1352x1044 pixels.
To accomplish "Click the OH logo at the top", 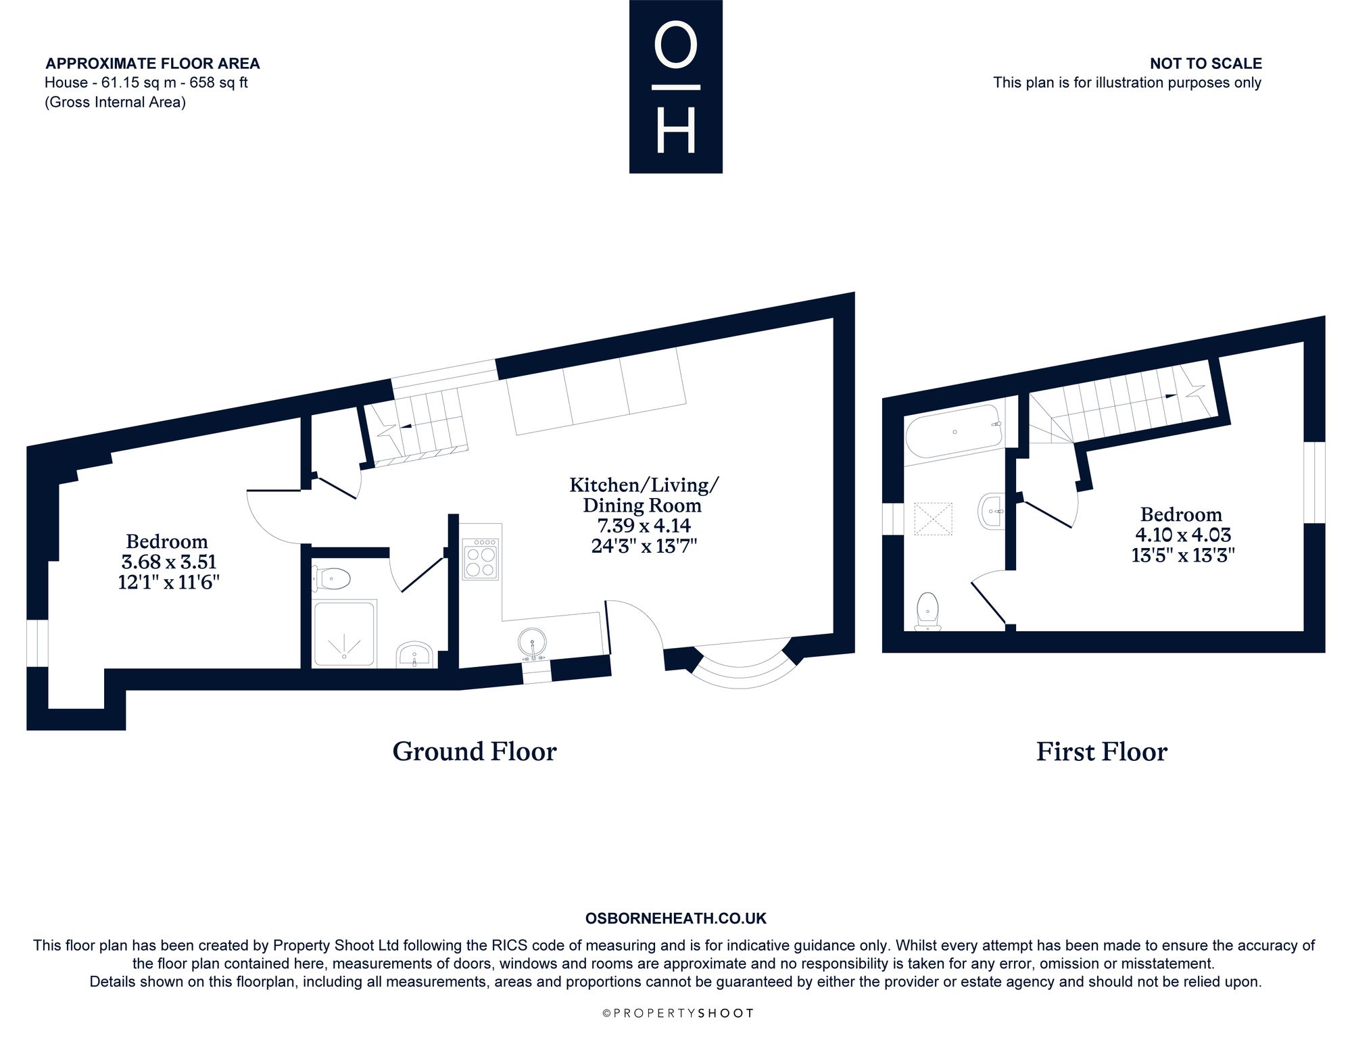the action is [x=675, y=86].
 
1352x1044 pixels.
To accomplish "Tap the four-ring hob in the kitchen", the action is [x=481, y=559].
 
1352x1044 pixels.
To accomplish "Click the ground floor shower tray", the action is [x=345, y=634].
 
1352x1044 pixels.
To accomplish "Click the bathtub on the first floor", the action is [x=954, y=431].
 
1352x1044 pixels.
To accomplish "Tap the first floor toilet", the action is [x=927, y=612].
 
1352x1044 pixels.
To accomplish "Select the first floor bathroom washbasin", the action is [x=991, y=512].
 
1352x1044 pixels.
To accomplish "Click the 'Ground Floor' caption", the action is [x=475, y=751].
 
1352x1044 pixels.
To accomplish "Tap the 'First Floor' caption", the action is [x=1102, y=752].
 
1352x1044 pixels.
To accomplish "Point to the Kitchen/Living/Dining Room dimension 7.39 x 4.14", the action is [x=641, y=525].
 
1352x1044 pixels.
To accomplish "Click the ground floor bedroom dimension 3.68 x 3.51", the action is [x=168, y=562].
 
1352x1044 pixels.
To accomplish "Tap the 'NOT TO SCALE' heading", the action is [x=1206, y=64].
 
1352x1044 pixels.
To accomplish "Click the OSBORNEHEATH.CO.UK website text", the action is [x=675, y=918].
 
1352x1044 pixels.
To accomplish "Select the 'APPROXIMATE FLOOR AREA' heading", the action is [x=153, y=64].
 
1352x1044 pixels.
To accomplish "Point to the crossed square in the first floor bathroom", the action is [x=933, y=519].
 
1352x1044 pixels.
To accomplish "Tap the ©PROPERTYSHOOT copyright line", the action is [x=677, y=1013].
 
